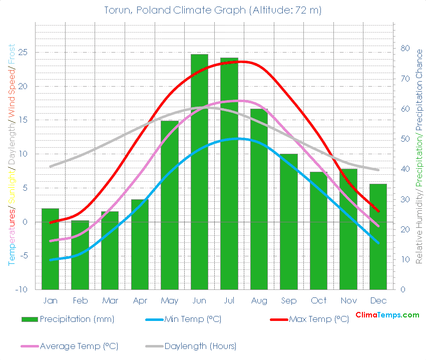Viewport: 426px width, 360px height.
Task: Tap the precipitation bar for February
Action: click(80, 255)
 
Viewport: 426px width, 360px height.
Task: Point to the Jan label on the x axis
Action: click(50, 300)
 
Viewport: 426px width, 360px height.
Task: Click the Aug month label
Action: click(259, 300)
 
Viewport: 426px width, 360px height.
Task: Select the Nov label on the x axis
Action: click(348, 300)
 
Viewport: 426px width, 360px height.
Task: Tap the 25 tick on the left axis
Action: click(23, 52)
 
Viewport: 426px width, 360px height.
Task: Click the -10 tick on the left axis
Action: click(22, 290)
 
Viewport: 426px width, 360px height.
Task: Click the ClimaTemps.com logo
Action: click(387, 315)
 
